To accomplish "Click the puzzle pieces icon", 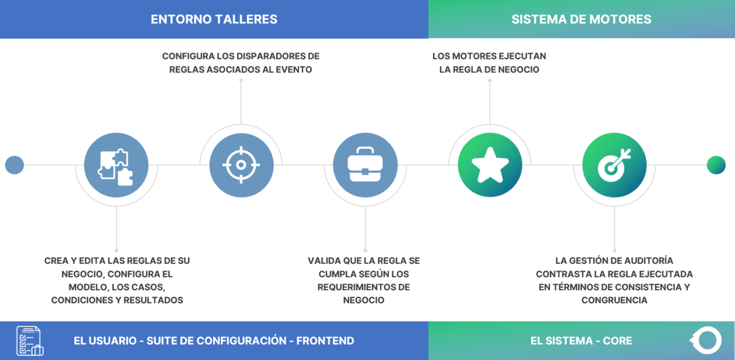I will coord(116,165).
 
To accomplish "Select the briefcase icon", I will coord(365,165).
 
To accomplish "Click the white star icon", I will coord(490,165).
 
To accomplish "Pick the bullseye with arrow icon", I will coord(614,165).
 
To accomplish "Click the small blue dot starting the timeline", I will coord(14,165).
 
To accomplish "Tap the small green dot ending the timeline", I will coord(716,165).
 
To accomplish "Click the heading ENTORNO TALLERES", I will coord(214,20).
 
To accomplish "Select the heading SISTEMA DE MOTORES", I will coord(581,20).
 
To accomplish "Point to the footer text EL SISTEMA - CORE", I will coord(581,341).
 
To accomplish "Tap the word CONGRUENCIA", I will coord(614,301).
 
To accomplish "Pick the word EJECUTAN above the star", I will coord(521,56).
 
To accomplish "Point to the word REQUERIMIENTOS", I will coord(356,287).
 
